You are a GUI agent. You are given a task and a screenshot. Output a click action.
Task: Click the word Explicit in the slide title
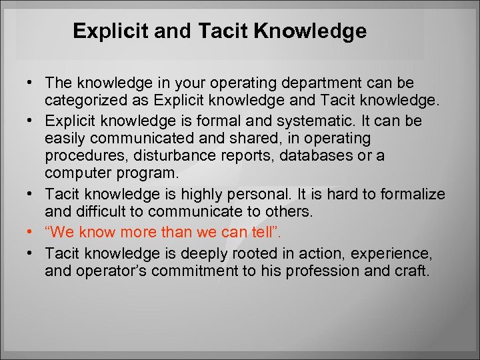[x=107, y=31]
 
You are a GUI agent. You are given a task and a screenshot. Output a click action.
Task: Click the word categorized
[x=83, y=101]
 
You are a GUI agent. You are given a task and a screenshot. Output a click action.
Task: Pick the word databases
[x=305, y=156]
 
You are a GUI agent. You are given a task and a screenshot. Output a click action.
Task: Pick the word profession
[x=315, y=271]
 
